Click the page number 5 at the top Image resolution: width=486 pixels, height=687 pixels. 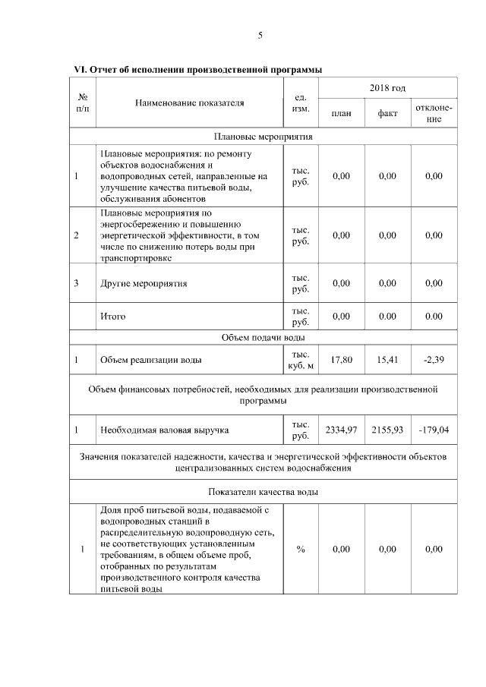[x=260, y=35]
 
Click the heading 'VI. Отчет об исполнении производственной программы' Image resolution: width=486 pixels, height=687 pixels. [x=197, y=70]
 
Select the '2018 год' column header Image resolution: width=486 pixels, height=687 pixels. [x=387, y=89]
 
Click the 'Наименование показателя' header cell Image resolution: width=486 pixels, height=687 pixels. [x=190, y=102]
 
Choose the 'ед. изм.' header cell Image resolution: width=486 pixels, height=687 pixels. [x=300, y=102]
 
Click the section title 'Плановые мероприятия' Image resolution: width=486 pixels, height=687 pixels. [x=264, y=137]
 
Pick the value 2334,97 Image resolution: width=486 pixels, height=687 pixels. [x=342, y=430]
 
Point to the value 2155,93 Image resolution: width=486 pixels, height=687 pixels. [x=387, y=430]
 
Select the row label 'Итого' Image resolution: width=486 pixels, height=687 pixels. [x=112, y=316]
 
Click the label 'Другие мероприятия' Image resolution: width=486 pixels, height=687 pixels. [x=144, y=283]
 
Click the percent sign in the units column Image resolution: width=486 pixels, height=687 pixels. [x=300, y=549]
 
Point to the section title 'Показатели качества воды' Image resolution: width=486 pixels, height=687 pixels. [x=264, y=492]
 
